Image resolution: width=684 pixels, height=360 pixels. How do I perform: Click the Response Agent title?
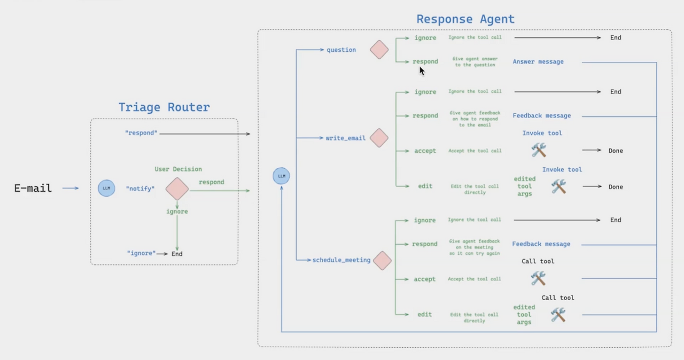465,19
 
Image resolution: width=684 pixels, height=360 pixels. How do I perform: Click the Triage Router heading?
164,107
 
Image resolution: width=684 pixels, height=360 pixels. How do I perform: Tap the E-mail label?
33,188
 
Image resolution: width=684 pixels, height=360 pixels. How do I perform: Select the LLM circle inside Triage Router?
106,188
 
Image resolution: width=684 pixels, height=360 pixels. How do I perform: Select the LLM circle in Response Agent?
281,176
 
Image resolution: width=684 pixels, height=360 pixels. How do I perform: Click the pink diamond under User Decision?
177,189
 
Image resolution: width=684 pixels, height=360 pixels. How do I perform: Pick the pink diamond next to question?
379,50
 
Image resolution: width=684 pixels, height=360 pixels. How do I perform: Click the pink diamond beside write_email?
379,138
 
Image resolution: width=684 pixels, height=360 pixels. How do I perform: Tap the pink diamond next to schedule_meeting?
382,261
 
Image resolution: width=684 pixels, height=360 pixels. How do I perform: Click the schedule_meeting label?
341,260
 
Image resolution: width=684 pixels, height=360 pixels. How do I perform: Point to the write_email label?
346,138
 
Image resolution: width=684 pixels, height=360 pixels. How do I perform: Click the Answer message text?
538,61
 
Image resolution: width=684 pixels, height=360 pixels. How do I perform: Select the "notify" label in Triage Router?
140,189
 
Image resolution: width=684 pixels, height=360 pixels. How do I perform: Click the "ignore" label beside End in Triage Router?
142,253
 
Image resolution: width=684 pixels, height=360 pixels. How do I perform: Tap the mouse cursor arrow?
422,71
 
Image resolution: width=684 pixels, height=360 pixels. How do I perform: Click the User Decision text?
178,169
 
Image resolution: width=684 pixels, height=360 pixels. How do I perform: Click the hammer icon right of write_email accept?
539,150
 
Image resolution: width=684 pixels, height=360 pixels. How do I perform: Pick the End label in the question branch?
616,37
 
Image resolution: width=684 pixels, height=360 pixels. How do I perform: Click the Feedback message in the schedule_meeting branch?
541,244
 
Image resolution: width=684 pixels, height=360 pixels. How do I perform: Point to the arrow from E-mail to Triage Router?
71,188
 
